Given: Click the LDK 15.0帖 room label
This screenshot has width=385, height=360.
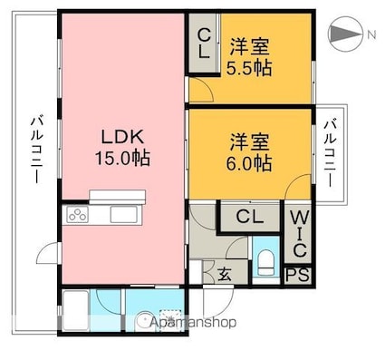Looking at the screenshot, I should (123, 147).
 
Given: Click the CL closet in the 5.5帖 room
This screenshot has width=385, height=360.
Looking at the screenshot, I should (205, 44).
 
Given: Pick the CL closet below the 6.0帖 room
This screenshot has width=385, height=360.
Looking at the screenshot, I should (251, 217).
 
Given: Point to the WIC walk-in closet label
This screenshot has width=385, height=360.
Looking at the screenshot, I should (298, 232).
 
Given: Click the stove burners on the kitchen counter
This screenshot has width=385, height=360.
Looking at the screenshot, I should (77, 216).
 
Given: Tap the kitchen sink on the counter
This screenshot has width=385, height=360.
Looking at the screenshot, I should (121, 216).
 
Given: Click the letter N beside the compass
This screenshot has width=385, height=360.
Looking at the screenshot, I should (371, 34).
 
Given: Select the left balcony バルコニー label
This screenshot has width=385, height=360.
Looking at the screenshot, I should (36, 151).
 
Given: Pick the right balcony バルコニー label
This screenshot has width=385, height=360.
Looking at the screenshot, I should (332, 151).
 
